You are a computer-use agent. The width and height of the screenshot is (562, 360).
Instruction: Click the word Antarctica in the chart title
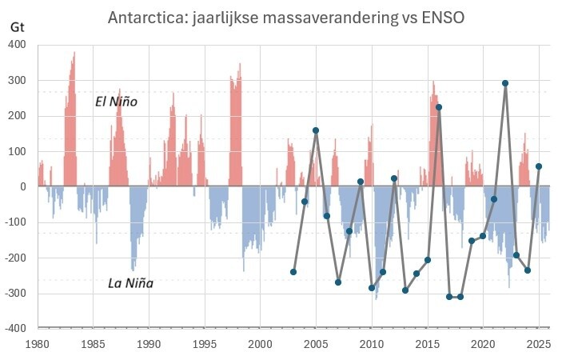145,18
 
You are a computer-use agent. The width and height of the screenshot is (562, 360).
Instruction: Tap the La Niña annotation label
131,282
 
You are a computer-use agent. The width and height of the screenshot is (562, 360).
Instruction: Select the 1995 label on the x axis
205,344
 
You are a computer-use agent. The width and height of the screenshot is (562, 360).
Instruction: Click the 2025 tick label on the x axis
538,344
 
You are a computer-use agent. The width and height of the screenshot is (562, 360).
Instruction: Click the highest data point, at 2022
505,83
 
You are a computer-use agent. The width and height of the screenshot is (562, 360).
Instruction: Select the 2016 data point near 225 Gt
438,107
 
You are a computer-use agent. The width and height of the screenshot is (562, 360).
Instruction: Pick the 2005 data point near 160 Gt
316,130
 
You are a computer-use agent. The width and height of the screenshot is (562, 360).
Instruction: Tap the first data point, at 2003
293,272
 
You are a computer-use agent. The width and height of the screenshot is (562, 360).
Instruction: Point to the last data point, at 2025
539,166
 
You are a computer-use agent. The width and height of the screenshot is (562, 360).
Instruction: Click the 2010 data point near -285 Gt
372,288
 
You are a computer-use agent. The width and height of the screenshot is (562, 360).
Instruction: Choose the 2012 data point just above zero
394,178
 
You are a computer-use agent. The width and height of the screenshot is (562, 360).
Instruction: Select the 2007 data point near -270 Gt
338,282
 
